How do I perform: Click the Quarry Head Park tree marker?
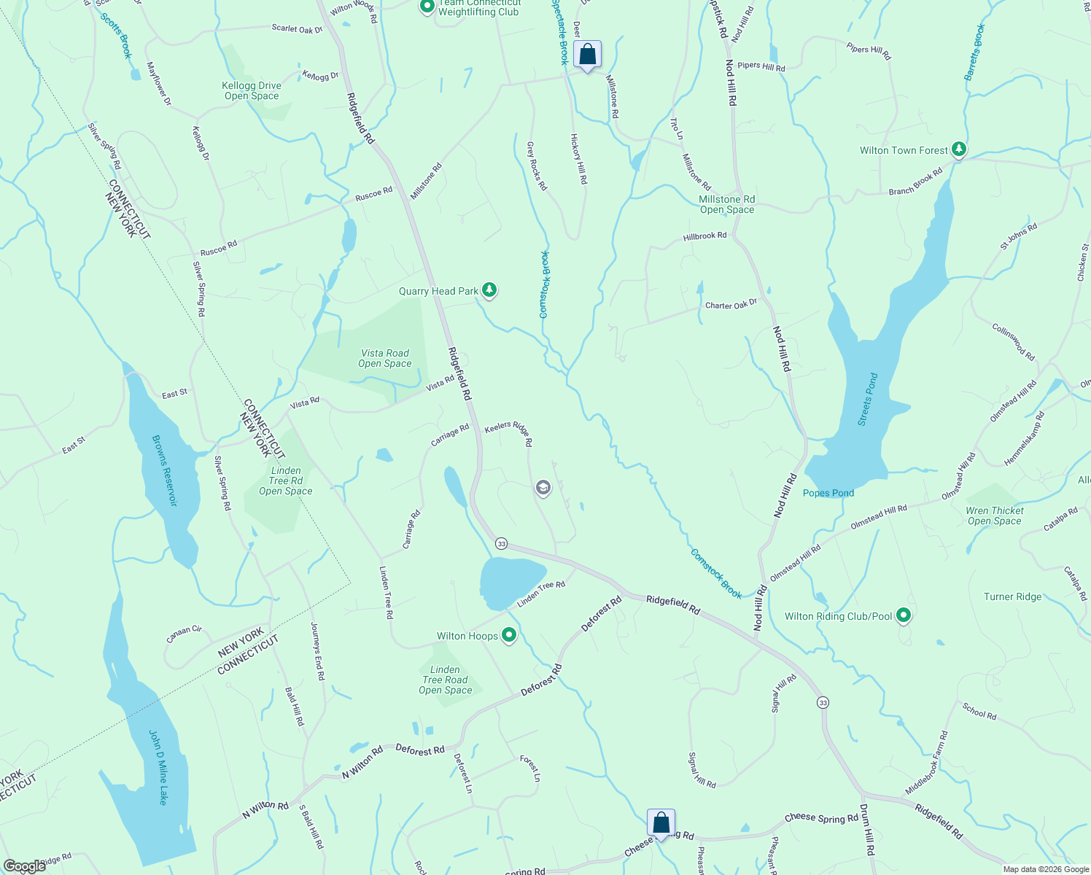489,291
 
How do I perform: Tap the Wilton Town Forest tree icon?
959,150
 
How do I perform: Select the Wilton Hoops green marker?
509,636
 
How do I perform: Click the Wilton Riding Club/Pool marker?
904,616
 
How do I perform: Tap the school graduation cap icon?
543,488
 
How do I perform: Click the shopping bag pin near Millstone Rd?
587,55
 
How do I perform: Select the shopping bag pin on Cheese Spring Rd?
661,823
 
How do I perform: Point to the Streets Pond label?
868,400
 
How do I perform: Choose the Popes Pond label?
828,493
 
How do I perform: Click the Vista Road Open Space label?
385,358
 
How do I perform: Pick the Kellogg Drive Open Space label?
252,90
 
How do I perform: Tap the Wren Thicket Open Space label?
995,516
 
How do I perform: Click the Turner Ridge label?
1013,596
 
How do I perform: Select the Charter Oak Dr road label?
731,305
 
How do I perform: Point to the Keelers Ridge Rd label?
509,433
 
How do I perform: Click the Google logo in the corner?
25,866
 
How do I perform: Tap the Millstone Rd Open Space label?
727,204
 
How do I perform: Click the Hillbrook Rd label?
704,236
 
